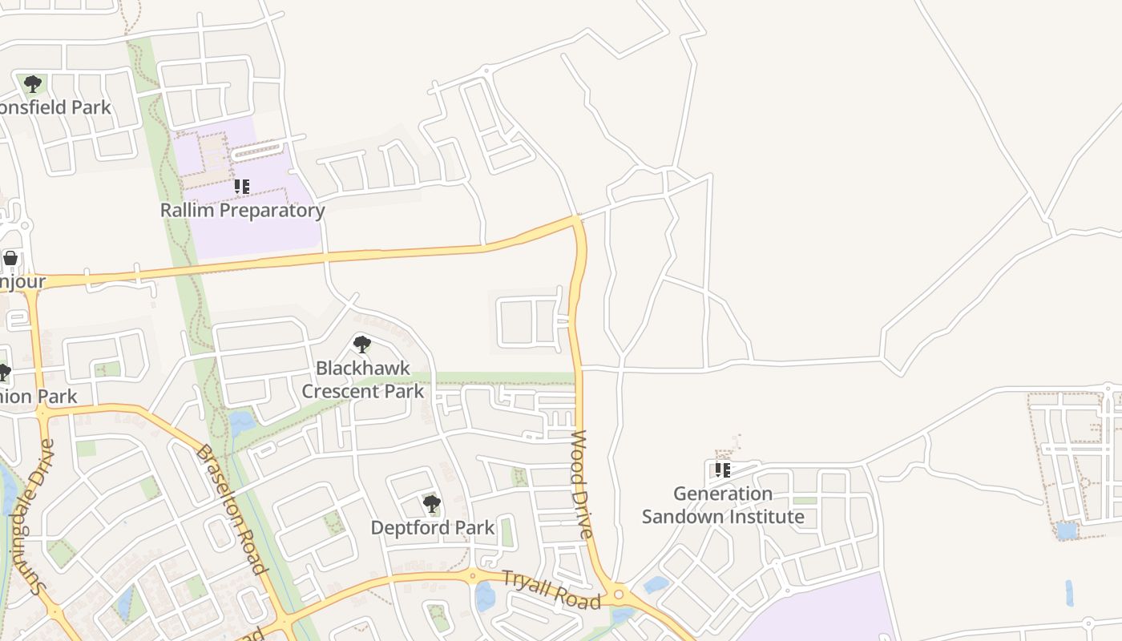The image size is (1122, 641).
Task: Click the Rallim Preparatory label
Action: (x=242, y=211)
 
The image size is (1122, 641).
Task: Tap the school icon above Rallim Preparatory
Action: (x=241, y=187)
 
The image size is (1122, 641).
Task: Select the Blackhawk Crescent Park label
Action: (x=362, y=380)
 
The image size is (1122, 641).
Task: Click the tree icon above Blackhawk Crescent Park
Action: (x=362, y=345)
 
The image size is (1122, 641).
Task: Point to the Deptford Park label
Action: (x=432, y=528)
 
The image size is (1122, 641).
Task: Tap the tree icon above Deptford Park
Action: (x=432, y=504)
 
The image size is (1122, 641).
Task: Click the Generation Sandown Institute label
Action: (x=723, y=505)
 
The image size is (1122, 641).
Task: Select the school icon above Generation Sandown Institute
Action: (x=723, y=470)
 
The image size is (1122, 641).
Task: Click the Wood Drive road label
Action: (x=582, y=485)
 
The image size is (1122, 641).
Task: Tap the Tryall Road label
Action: (x=551, y=590)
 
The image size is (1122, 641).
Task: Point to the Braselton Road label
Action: (x=231, y=509)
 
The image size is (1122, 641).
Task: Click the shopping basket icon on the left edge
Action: (x=10, y=258)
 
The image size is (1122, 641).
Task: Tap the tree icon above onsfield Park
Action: (x=32, y=83)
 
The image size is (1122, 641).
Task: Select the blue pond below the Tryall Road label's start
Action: (x=485, y=597)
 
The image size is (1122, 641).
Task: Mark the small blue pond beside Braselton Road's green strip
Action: (x=240, y=421)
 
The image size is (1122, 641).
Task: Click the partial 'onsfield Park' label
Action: (x=54, y=107)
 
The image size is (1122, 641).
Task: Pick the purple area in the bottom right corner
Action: (x=825, y=613)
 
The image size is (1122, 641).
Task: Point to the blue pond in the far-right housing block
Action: (x=1067, y=530)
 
